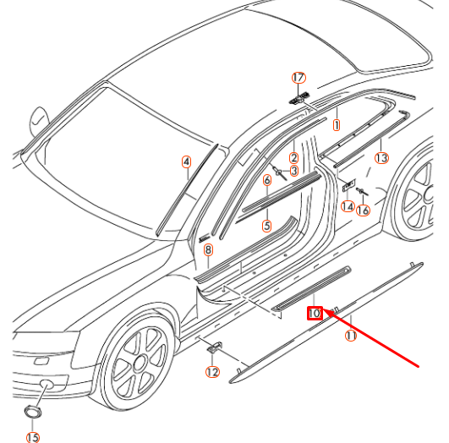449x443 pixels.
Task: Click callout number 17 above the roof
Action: click(298, 77)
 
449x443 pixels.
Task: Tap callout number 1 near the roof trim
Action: click(336, 125)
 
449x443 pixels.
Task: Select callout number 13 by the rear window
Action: click(382, 157)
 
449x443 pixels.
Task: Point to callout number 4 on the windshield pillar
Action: click(187, 161)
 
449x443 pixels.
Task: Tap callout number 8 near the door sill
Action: click(208, 249)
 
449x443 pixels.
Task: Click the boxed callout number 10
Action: click(314, 313)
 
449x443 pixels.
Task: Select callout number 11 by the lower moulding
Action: click(350, 335)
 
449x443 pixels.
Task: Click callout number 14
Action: click(348, 206)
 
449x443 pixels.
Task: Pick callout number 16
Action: click(364, 211)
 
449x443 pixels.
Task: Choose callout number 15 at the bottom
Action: click(33, 437)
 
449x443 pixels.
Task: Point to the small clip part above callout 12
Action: click(213, 347)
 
